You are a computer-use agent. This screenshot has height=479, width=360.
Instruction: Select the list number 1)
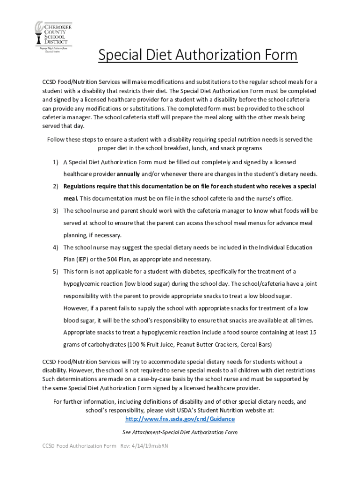55,162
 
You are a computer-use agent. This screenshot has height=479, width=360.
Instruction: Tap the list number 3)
55,211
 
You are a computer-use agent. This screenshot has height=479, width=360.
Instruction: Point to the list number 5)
55,272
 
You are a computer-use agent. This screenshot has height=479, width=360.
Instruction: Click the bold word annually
126,174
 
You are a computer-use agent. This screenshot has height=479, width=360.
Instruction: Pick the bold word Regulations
80,186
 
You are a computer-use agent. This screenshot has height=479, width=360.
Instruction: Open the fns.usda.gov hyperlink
180,419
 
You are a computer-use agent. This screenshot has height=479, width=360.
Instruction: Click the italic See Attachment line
180,432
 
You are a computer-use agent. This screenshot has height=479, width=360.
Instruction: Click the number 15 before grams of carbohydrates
313,333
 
